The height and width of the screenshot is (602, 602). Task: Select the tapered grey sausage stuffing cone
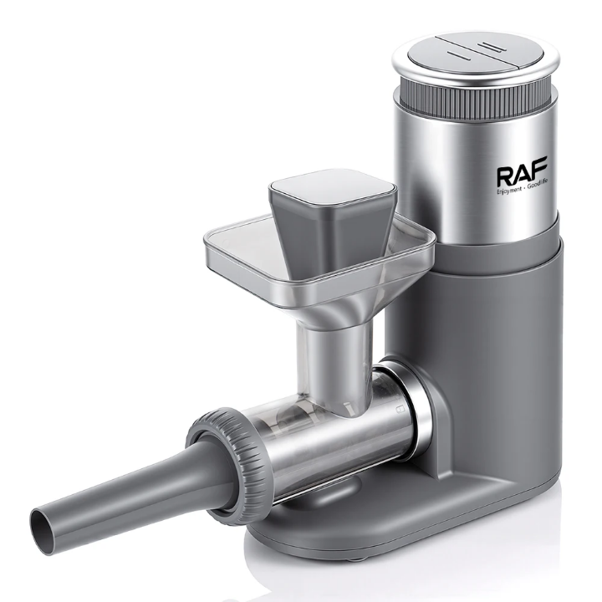125,489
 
